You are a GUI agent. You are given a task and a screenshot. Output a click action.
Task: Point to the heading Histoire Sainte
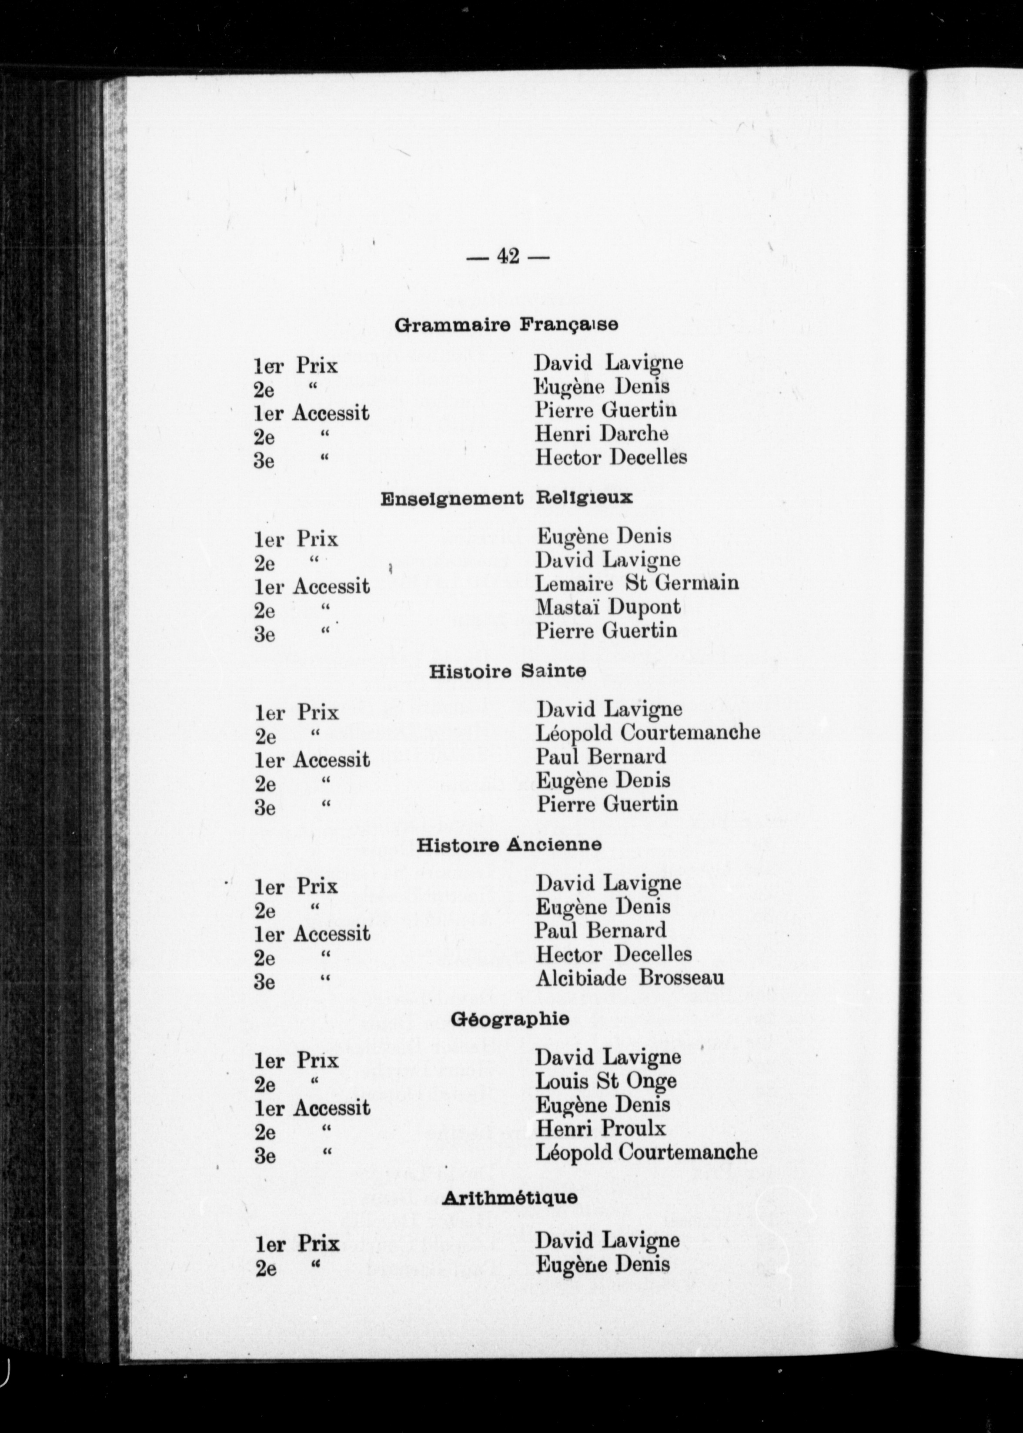[x=507, y=672]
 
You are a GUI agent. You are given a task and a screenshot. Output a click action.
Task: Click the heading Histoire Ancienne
[x=508, y=845]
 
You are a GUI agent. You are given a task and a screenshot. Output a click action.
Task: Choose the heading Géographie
[x=510, y=1018]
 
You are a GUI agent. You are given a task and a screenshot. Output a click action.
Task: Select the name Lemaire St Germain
[x=636, y=583]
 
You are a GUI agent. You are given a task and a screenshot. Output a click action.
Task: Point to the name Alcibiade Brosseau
[x=629, y=978]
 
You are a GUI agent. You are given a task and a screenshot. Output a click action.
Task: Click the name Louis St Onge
[x=605, y=1081]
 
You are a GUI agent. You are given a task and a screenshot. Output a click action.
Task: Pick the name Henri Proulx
[x=600, y=1128]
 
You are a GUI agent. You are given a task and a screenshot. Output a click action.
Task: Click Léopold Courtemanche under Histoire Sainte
[x=648, y=732]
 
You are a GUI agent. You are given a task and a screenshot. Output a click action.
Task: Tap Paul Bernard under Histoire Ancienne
[x=600, y=930]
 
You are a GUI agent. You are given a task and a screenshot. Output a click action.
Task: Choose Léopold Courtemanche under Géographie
[x=645, y=1152]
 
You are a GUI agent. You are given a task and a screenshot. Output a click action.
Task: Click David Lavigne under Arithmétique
[x=607, y=1240]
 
